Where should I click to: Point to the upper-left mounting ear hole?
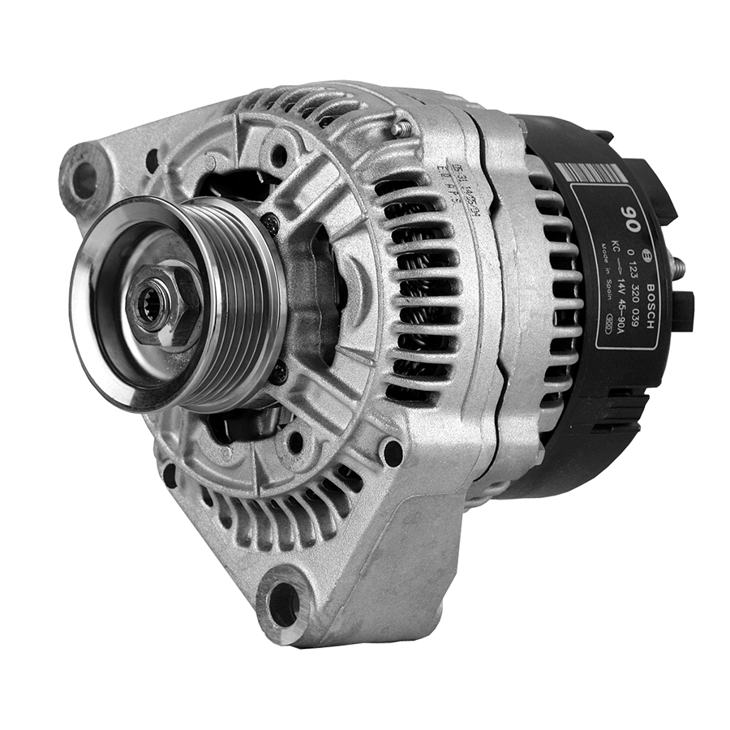[84, 180]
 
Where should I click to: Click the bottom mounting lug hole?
[284, 604]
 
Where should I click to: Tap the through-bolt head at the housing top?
[397, 127]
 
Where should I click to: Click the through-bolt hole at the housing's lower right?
[392, 452]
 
